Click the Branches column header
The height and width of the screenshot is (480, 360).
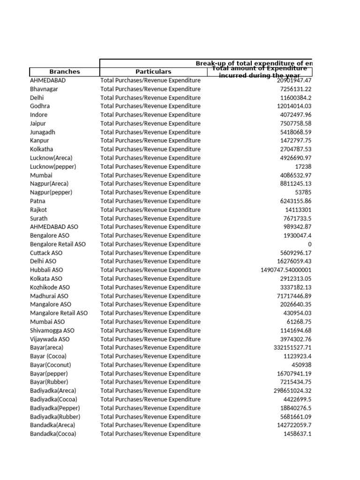64,72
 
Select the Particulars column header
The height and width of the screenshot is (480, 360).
153,72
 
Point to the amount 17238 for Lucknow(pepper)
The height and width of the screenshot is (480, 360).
303,167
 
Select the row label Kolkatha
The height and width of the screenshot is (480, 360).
42,150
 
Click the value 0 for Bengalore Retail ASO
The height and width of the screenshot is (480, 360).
310,244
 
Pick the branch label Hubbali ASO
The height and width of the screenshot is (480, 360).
46,270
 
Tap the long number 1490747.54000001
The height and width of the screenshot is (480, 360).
286,270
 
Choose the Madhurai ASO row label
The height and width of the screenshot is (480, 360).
49,296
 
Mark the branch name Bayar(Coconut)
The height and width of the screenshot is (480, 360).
51,365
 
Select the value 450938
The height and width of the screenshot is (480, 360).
301,365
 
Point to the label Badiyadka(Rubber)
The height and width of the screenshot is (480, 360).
55,417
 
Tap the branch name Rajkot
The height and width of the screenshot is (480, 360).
38,210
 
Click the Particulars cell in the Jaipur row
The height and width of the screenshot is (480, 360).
150,124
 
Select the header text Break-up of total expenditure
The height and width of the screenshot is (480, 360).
253,63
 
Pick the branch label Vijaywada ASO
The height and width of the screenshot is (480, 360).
50,339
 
